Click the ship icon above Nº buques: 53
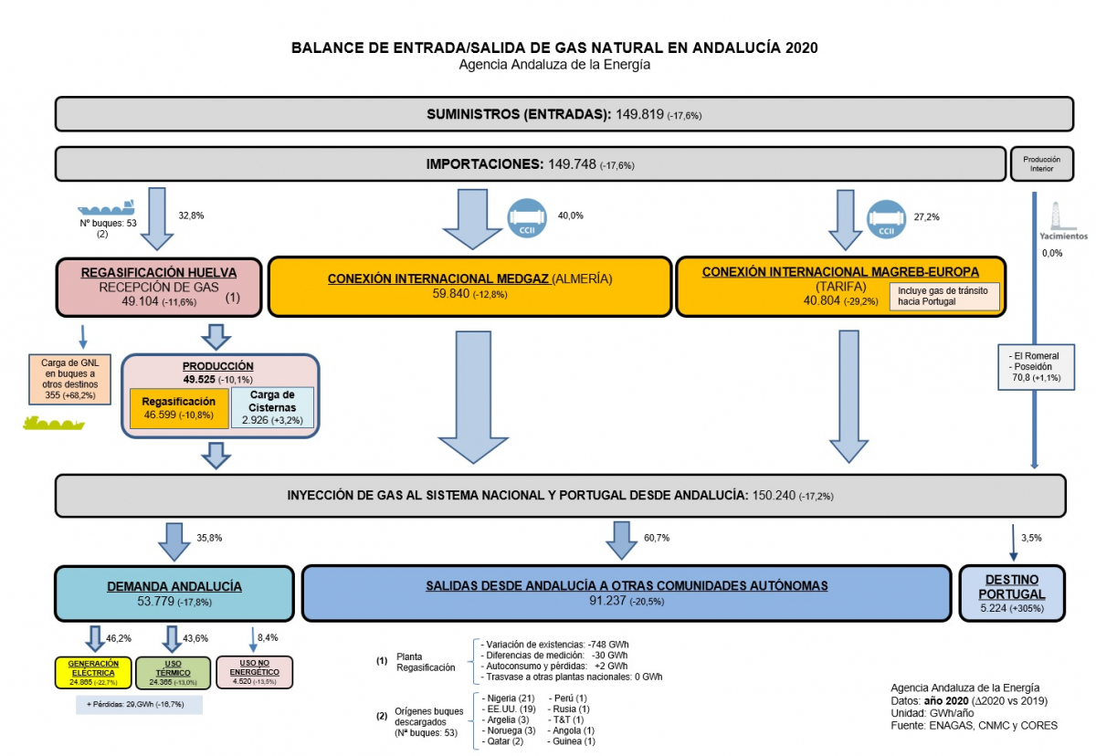pyautogui.click(x=105, y=205)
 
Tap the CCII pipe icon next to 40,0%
pyautogui.click(x=527, y=217)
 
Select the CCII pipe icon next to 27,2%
pyautogui.click(x=886, y=217)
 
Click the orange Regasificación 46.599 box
pyautogui.click(x=177, y=407)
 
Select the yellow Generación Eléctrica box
pyautogui.click(x=93, y=672)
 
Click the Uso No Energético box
pyautogui.click(x=254, y=672)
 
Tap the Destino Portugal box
pyautogui.click(x=1012, y=593)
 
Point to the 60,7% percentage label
pyautogui.click(x=657, y=539)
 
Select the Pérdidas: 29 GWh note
pyautogui.click(x=139, y=705)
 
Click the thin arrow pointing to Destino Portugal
pyautogui.click(x=1014, y=543)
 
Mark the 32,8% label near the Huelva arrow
pyautogui.click(x=191, y=216)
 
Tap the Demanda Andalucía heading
pyautogui.click(x=174, y=585)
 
